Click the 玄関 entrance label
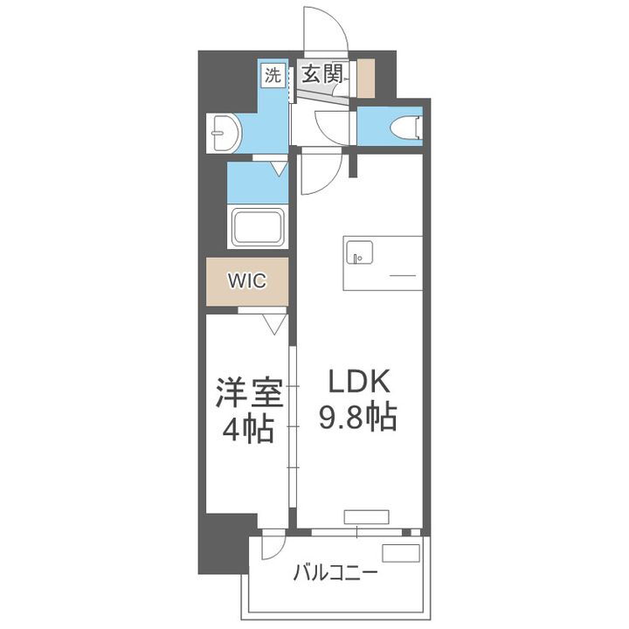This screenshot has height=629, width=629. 321,74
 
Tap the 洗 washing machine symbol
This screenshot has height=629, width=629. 273,74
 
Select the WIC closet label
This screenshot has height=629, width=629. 245,281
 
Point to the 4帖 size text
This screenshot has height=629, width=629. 249,429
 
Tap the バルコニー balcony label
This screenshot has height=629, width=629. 335,573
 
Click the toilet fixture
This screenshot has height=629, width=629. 410,128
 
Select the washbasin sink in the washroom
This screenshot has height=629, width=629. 225,133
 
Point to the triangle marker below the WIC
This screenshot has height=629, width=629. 274,324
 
